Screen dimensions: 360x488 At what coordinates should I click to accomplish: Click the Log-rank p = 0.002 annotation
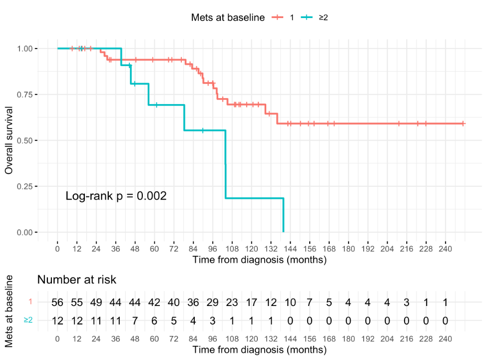click(x=116, y=196)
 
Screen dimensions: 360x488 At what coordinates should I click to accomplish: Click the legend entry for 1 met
click(x=283, y=17)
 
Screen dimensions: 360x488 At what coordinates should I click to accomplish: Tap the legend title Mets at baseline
click(x=228, y=17)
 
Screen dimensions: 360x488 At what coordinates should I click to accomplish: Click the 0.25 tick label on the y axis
click(x=27, y=186)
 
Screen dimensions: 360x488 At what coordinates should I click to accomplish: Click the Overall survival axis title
click(x=9, y=140)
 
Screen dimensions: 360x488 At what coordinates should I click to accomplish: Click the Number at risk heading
click(x=76, y=279)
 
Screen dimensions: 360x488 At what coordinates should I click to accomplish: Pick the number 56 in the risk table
click(x=57, y=302)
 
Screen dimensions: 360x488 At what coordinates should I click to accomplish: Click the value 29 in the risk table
click(x=212, y=302)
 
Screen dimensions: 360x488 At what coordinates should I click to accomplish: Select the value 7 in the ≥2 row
click(x=135, y=320)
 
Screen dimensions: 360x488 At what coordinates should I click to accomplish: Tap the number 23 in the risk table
click(x=232, y=302)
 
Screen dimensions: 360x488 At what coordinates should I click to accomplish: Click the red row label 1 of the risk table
click(x=30, y=301)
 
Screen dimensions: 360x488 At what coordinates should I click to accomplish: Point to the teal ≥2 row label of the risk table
click(x=28, y=320)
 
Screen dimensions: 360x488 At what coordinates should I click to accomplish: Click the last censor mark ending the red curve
click(x=463, y=123)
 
